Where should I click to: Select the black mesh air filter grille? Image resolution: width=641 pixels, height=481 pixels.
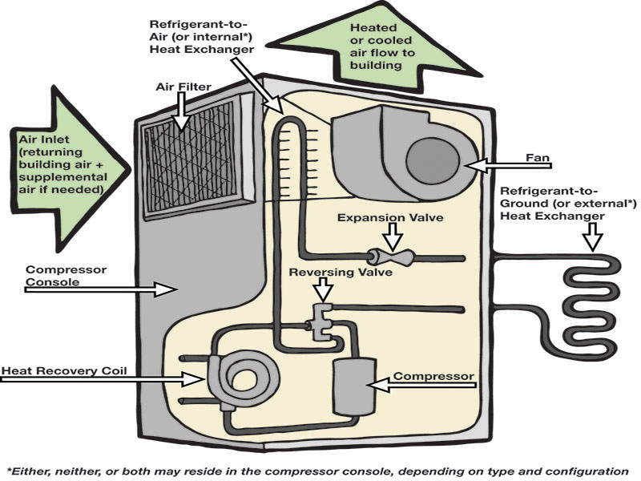196,160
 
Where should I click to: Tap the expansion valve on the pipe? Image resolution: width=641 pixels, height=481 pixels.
390,257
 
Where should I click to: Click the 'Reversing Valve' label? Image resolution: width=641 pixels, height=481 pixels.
341,273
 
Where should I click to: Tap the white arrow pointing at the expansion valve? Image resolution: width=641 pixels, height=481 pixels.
392,236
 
